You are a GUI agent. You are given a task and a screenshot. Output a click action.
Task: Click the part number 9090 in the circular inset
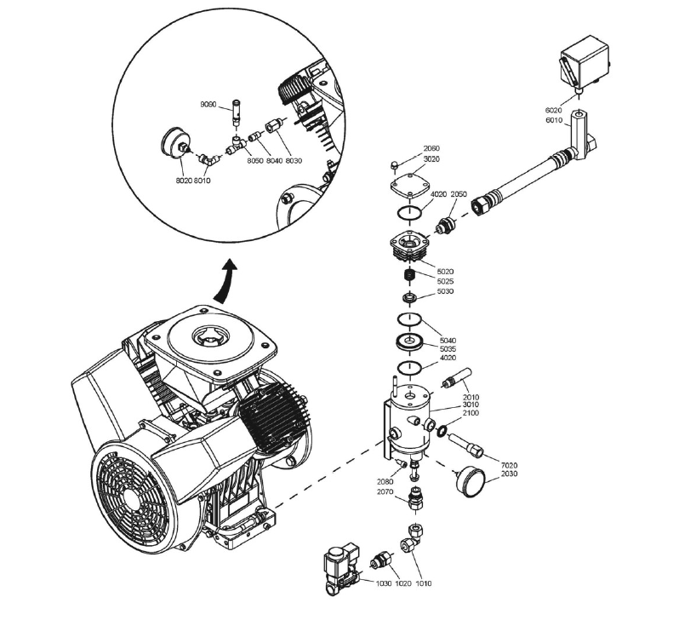pyautogui.click(x=209, y=104)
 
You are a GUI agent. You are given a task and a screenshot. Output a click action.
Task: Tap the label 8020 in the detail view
pyautogui.click(x=184, y=181)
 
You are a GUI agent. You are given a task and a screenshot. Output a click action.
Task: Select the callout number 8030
pyautogui.click(x=294, y=161)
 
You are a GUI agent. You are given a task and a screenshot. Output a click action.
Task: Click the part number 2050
pyautogui.click(x=459, y=194)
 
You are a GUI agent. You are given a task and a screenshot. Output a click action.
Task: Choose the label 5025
pyautogui.click(x=445, y=281)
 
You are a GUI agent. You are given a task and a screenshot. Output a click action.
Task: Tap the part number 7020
pyautogui.click(x=510, y=466)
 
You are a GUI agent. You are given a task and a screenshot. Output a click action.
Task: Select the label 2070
pyautogui.click(x=385, y=491)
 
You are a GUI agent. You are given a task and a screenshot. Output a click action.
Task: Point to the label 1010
pyautogui.click(x=423, y=583)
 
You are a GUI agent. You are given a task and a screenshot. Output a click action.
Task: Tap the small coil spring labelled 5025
pyautogui.click(x=409, y=278)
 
